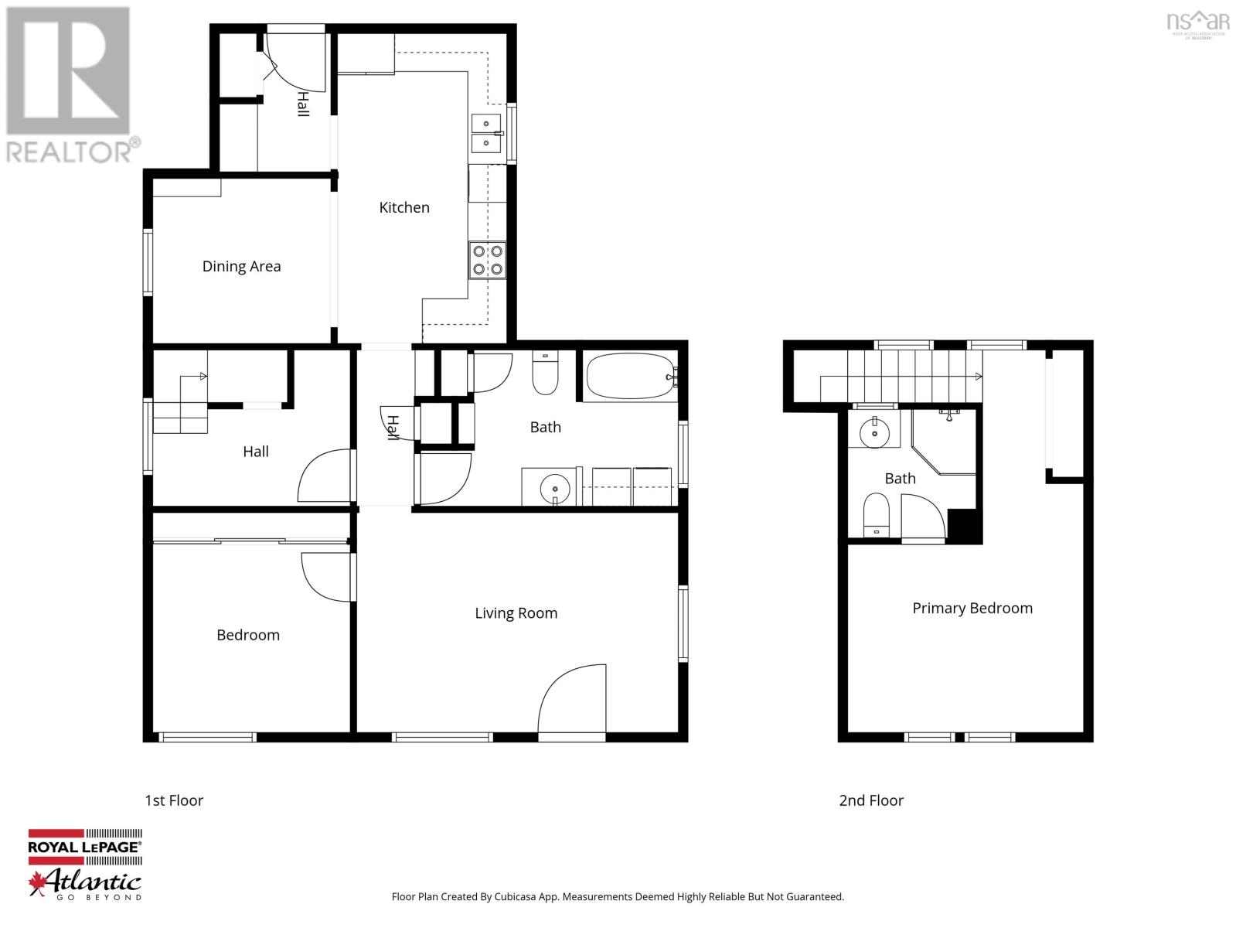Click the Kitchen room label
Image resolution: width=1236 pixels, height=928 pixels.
403,207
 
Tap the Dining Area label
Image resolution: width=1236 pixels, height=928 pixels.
241,266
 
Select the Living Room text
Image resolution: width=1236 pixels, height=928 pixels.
516,613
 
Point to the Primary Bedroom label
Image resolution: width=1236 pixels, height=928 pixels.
972,608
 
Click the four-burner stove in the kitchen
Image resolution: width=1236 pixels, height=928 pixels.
488,260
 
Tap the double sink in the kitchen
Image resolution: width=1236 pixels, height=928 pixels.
486,133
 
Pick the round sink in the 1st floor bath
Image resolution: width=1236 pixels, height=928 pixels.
554,488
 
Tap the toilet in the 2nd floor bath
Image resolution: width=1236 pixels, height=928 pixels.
876,515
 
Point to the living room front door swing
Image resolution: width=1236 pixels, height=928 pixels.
572,699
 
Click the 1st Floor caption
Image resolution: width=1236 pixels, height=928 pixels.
174,800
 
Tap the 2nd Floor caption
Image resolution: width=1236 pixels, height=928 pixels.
871,800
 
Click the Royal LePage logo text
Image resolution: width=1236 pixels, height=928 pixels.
84,847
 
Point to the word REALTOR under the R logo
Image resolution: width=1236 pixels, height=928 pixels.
70,152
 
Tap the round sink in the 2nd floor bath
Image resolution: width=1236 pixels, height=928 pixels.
874,432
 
